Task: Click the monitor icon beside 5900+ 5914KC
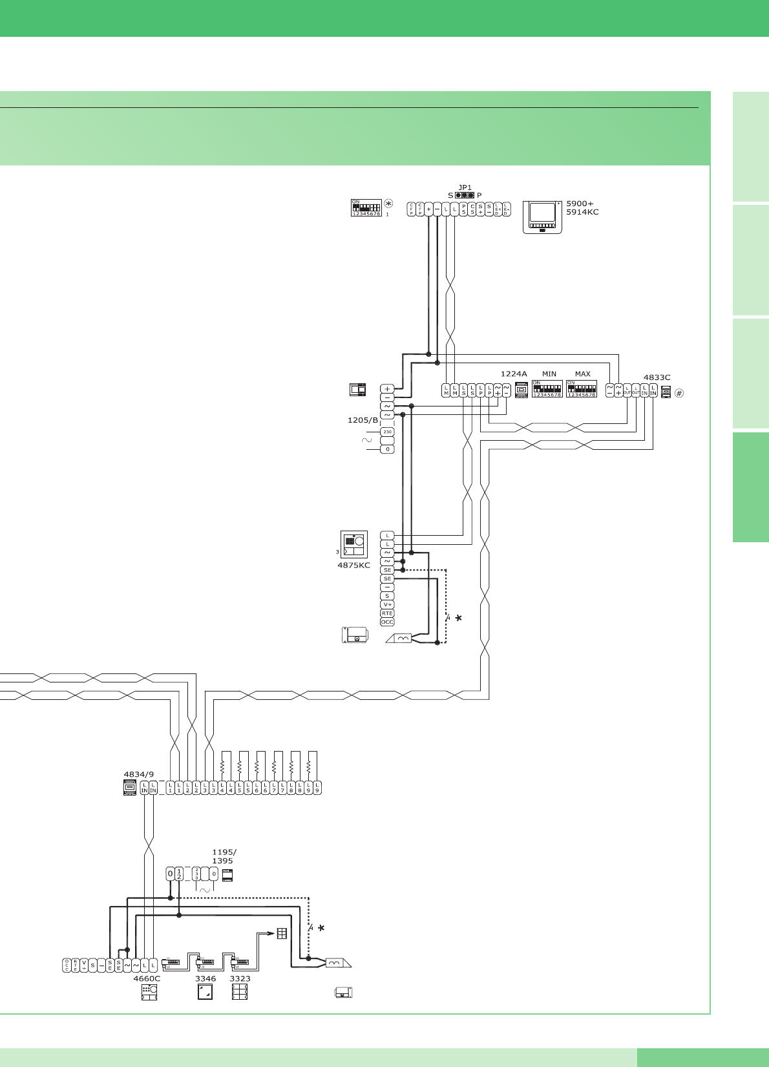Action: coord(542,217)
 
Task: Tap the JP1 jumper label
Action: coord(465,188)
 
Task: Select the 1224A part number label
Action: coord(514,374)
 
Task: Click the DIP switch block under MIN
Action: coord(547,389)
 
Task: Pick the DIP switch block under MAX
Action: coord(582,389)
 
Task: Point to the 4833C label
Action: coord(657,377)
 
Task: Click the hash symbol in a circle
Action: coord(679,393)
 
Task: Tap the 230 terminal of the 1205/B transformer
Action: coord(387,432)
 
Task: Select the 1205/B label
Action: coord(363,420)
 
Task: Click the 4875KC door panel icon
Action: coord(354,545)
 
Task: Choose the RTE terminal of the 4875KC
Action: coord(387,613)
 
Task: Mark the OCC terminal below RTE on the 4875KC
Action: coord(387,622)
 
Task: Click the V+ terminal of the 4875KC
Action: coord(387,605)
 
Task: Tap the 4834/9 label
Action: coord(139,774)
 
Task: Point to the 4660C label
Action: coord(147,978)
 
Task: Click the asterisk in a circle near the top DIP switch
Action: coord(388,203)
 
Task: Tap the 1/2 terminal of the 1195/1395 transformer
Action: coord(179,874)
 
